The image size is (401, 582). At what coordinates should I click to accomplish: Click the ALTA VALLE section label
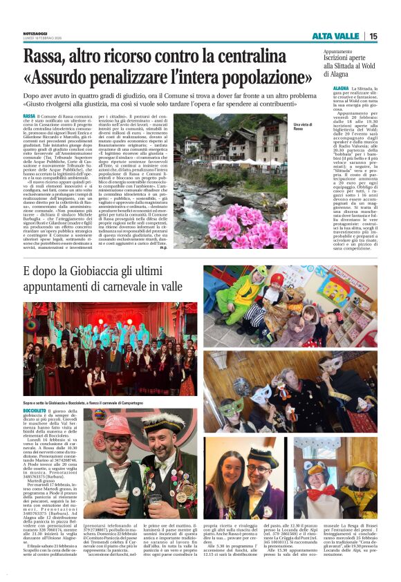(335, 36)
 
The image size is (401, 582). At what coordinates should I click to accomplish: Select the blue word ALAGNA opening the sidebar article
(341, 90)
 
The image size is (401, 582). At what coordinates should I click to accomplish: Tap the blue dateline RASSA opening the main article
(29, 115)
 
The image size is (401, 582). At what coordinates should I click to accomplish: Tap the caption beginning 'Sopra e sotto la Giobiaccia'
(97, 402)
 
